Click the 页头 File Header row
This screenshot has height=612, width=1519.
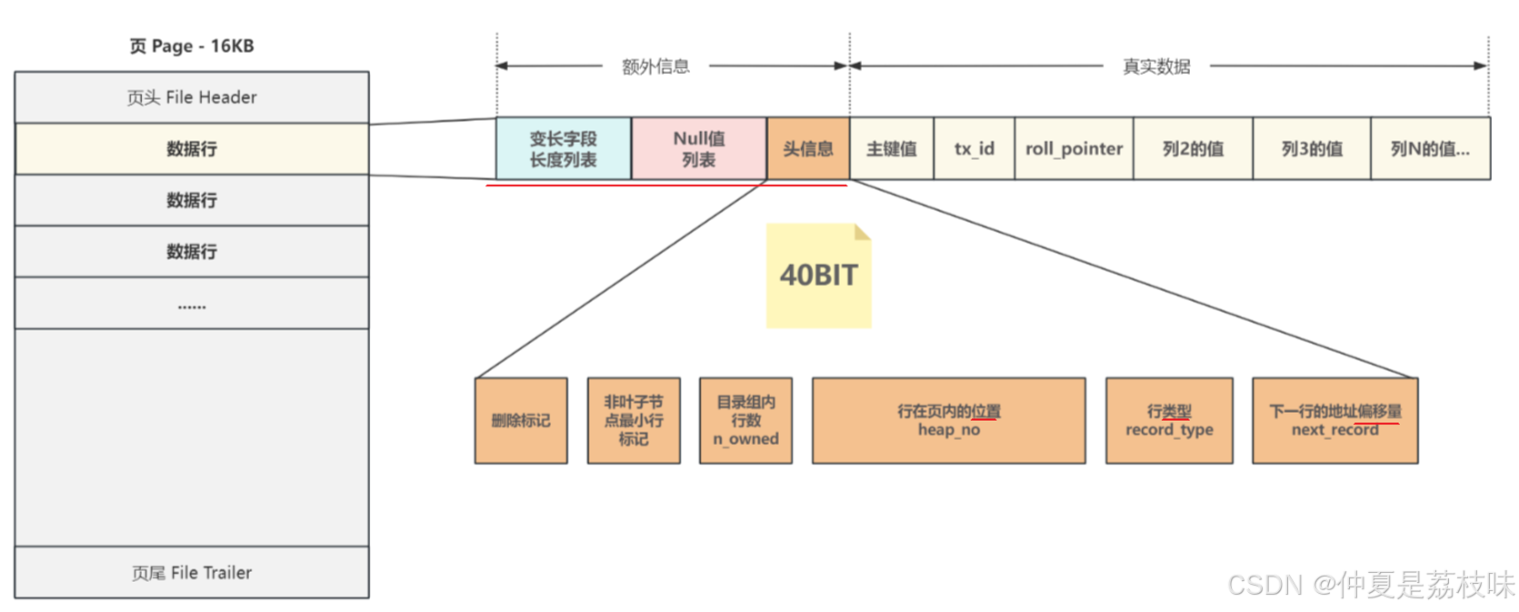coord(192,97)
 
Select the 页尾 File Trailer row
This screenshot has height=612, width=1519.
coord(192,573)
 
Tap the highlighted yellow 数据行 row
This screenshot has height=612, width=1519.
coord(192,149)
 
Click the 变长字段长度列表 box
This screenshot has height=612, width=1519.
coord(564,149)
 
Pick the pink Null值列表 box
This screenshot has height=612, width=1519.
coord(699,149)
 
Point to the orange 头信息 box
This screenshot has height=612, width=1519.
coord(808,149)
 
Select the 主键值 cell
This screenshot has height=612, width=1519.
coord(892,149)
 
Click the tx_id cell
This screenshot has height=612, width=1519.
coord(974,149)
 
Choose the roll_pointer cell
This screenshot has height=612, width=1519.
coord(1074,149)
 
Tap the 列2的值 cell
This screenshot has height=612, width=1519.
coord(1193,149)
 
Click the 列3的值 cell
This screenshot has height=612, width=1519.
coord(1312,149)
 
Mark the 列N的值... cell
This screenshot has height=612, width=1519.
coord(1430,149)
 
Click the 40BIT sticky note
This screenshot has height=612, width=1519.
coord(818,276)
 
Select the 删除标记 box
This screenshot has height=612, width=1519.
coord(521,421)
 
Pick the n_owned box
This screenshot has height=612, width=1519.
coord(745,421)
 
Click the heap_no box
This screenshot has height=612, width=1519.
coord(948,421)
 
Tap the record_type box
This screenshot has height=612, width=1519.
coord(1169,421)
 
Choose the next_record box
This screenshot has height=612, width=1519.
coord(1334,421)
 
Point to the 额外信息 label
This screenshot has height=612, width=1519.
coord(655,66)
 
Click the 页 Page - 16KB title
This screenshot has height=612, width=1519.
coord(192,46)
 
